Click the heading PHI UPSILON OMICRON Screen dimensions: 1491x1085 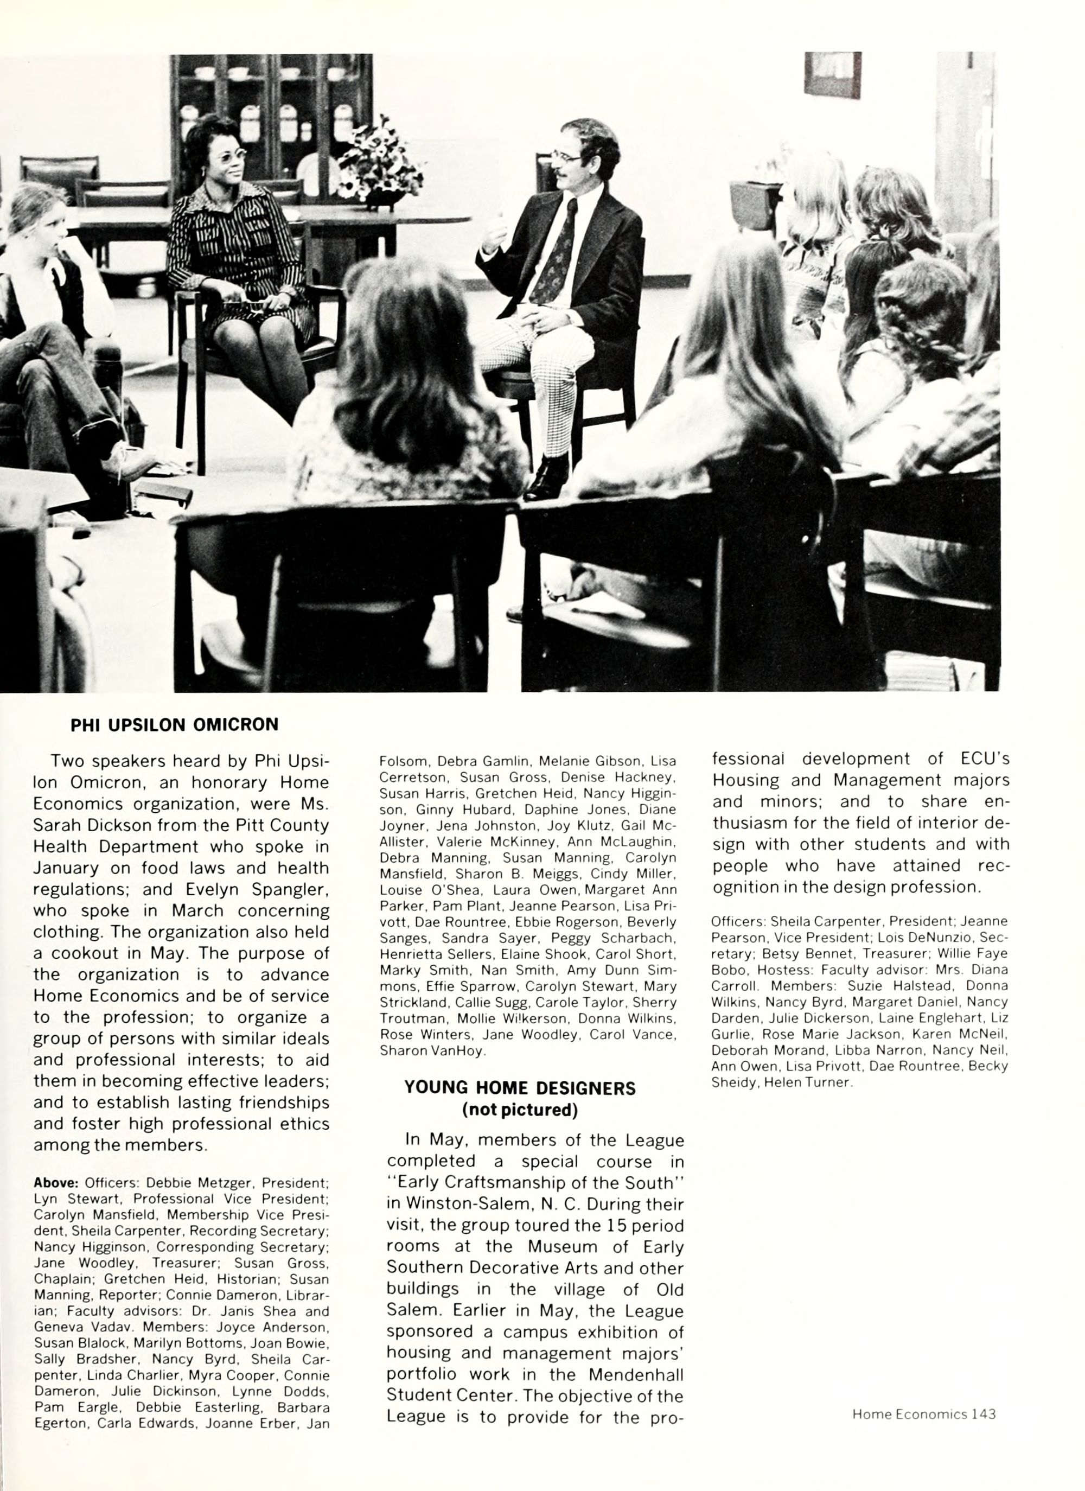pos(174,724)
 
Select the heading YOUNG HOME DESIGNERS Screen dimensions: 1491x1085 pos(519,1088)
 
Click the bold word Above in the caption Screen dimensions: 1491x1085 pos(56,1183)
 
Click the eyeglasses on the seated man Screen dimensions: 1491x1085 pos(566,158)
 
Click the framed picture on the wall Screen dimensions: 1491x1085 pos(832,74)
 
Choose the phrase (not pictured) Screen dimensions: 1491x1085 pos(519,1110)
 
